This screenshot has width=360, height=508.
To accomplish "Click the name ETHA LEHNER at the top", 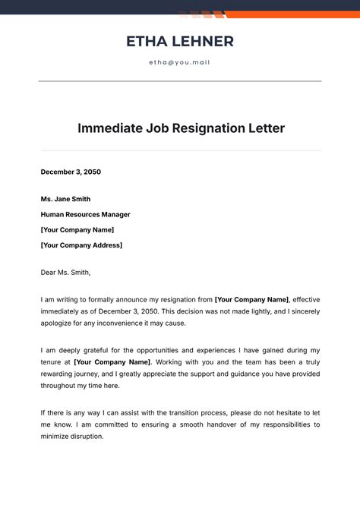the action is coord(180,41).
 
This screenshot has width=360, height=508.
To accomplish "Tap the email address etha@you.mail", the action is coord(179,62).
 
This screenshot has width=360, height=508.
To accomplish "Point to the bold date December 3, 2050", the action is coord(71,172).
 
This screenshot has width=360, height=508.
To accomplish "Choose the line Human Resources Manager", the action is coord(86,214).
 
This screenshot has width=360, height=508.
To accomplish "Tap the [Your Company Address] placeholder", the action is coord(81,245).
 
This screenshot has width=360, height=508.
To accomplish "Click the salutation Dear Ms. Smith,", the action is coord(65,271).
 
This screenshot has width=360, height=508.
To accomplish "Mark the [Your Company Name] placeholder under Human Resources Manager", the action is coord(77,229).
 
